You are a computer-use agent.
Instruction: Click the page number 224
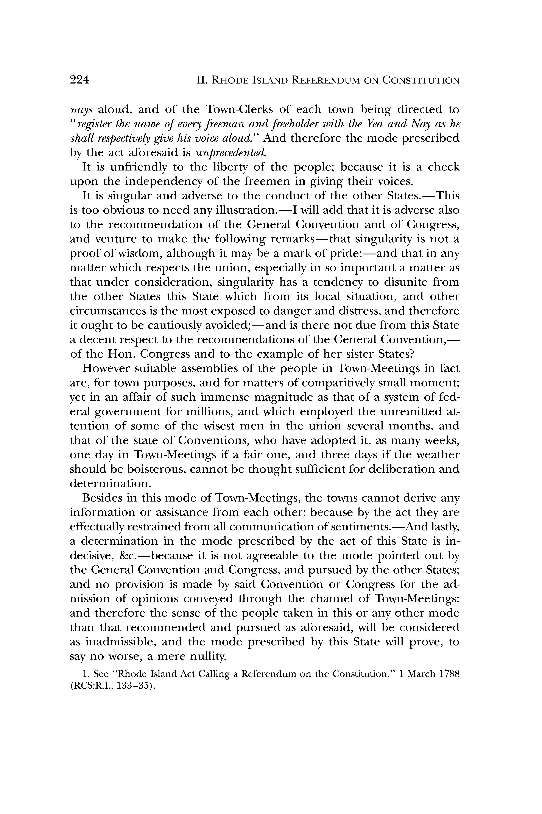[79, 80]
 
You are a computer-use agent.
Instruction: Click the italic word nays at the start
[81, 110]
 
